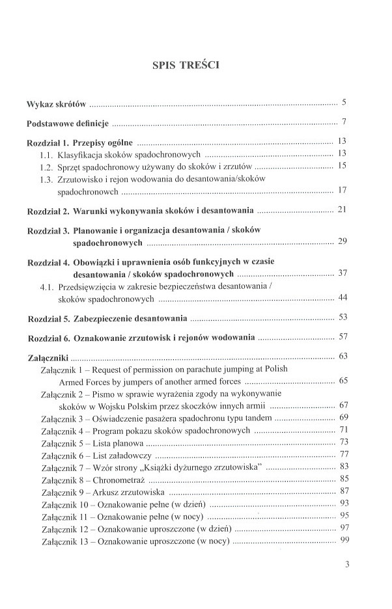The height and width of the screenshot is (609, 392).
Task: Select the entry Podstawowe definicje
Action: tap(68, 122)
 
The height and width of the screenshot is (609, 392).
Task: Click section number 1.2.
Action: tap(46, 167)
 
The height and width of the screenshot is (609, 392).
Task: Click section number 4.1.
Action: tap(46, 287)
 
